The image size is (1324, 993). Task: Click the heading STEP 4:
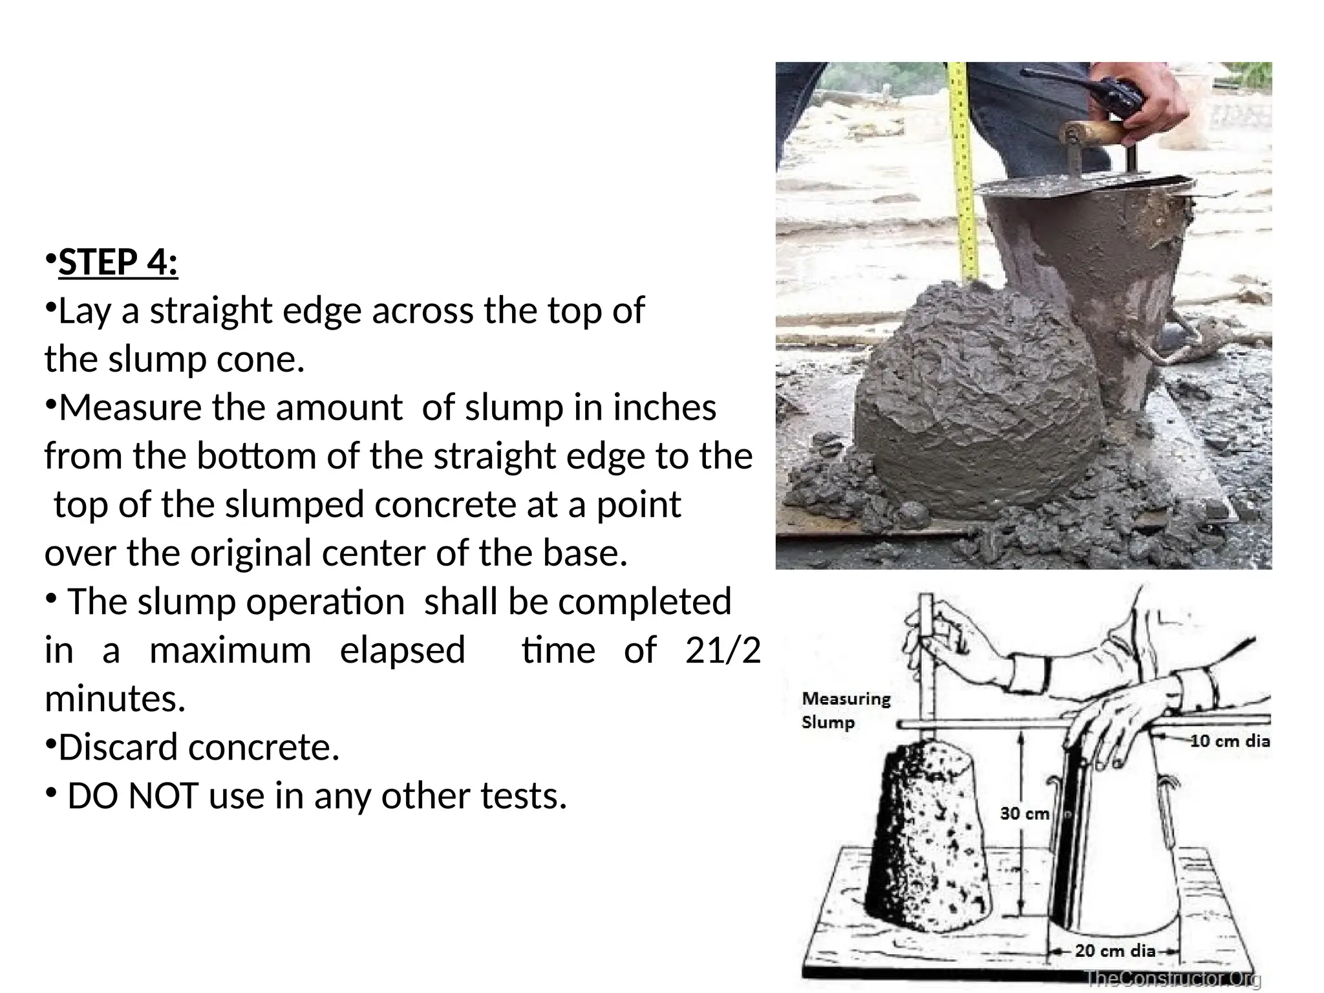coord(118,262)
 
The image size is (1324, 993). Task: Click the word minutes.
coord(115,699)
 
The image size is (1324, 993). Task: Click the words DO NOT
coord(132,796)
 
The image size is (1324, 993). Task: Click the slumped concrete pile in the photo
coord(976,401)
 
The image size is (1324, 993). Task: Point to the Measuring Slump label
coord(846,710)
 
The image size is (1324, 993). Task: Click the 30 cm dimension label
coord(1024,813)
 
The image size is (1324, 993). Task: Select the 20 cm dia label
coord(1115,950)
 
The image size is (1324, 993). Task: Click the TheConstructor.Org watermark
coord(1173,979)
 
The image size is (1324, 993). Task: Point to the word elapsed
coord(402,650)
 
